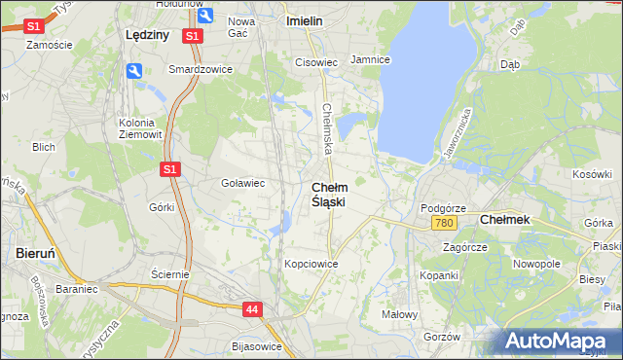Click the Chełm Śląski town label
[329, 194]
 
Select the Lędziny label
[147, 33]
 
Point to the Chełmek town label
[505, 220]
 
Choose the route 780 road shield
[444, 224]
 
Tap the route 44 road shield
[253, 308]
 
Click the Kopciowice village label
[311, 264]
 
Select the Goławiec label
[243, 182]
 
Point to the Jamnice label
[370, 59]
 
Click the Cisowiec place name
[315, 62]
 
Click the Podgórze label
[443, 208]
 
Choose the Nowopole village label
[536, 264]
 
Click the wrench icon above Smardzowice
[134, 70]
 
